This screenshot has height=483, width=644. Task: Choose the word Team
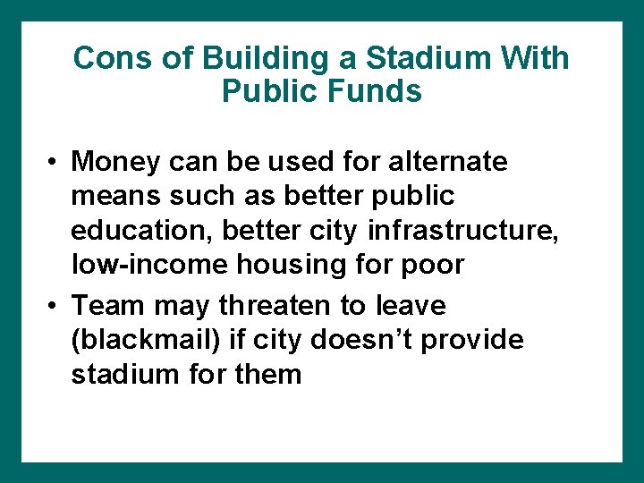[109, 306]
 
